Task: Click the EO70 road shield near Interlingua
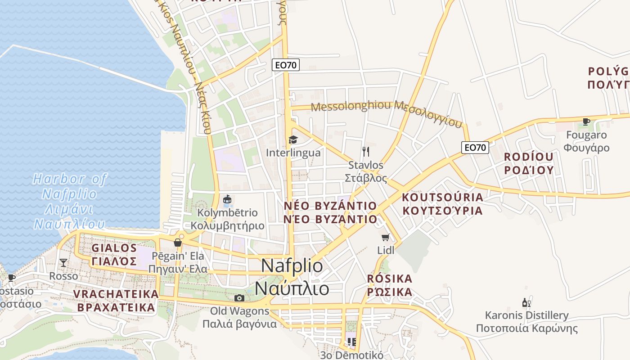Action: tap(286, 65)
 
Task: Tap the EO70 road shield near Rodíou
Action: tap(475, 147)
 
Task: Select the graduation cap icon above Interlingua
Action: tap(293, 140)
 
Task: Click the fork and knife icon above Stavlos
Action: tap(366, 152)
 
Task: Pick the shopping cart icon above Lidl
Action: tap(385, 237)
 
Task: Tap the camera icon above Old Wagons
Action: tap(239, 298)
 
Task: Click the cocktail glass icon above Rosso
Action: tap(63, 263)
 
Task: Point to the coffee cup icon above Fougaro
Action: tap(586, 121)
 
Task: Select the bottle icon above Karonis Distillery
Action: tap(526, 302)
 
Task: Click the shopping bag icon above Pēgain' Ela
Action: tap(178, 243)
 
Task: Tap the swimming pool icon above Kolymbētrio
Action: tap(227, 199)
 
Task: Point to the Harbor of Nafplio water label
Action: tap(70, 201)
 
